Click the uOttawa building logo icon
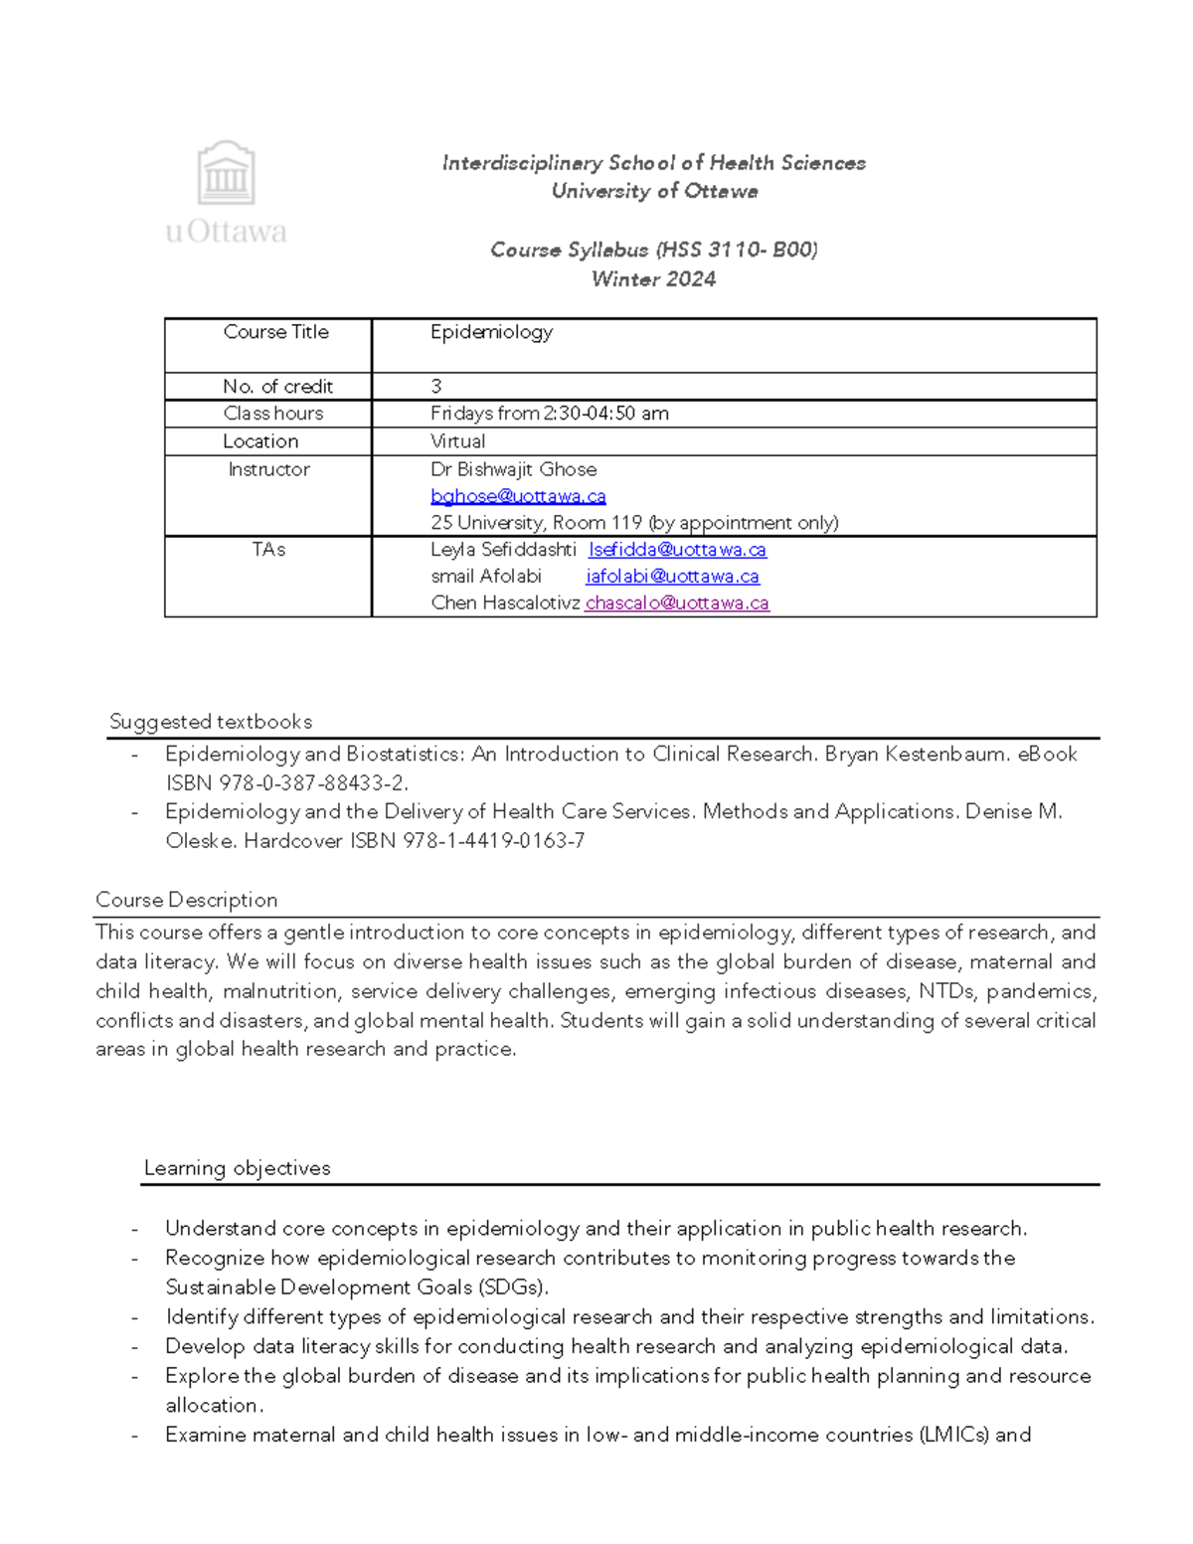227,173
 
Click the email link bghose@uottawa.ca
518,496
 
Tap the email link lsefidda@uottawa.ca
677,550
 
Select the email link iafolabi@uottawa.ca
672,577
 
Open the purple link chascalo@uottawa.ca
677,603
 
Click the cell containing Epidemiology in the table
491,333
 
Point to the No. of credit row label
277,387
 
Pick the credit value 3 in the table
436,387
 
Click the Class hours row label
273,414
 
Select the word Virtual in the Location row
457,441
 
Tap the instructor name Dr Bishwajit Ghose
513,469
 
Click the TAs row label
268,550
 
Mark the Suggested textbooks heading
211,722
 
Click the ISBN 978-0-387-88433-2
286,783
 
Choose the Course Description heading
186,900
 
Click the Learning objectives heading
237,1168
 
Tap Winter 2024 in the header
653,279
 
